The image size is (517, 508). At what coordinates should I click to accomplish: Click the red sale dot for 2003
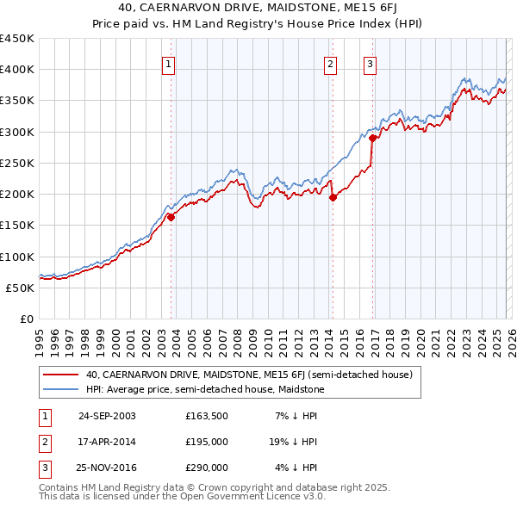click(171, 218)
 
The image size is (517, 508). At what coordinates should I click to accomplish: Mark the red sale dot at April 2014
click(333, 197)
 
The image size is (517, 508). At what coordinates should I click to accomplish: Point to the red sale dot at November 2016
click(372, 138)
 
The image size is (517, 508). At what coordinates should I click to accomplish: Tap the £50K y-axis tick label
click(21, 288)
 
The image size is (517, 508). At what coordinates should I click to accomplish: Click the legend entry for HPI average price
click(202, 389)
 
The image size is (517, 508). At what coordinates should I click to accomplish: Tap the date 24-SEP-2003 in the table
click(107, 416)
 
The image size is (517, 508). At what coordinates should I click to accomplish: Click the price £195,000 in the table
click(207, 442)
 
